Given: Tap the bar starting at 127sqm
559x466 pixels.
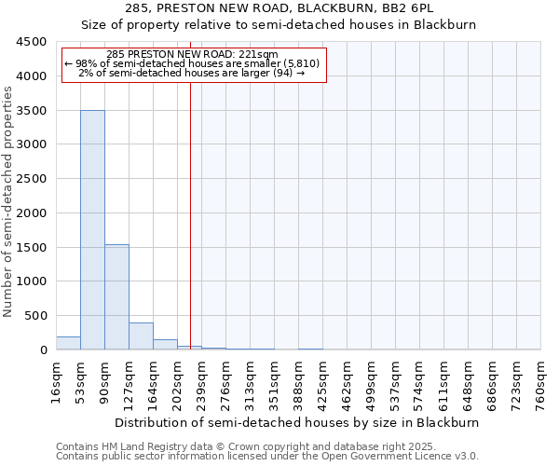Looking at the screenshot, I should [141, 336].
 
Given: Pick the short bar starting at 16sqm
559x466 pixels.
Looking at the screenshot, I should [68, 343].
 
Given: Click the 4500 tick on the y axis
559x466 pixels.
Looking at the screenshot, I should [31, 42].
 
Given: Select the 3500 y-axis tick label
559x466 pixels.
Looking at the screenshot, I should [31, 111].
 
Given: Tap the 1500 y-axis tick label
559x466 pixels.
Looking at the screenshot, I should [31, 247].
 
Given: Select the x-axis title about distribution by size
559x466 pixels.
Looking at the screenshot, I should [298, 422].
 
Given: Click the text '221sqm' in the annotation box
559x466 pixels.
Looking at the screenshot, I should [260, 55].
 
